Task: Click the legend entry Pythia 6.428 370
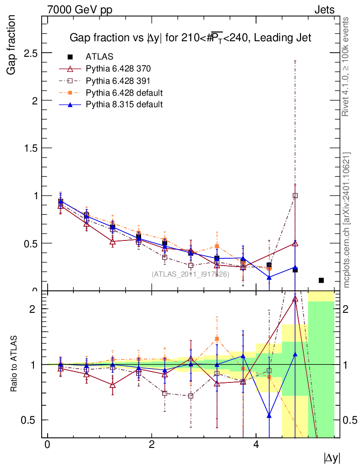pos(118,69)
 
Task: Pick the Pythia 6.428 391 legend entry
pos(118,81)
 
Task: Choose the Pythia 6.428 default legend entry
pos(124,93)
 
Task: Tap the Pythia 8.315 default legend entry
pos(124,104)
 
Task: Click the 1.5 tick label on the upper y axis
pos(31,148)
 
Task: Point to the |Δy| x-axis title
pos(332,458)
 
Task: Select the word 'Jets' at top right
pos(324,10)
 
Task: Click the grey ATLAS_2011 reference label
pos(190,274)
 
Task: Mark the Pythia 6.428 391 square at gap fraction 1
pos(295,196)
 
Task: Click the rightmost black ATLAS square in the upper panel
pos(321,280)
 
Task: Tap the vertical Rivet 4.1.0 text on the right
pos(346,66)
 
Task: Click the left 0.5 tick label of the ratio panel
pos(31,420)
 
